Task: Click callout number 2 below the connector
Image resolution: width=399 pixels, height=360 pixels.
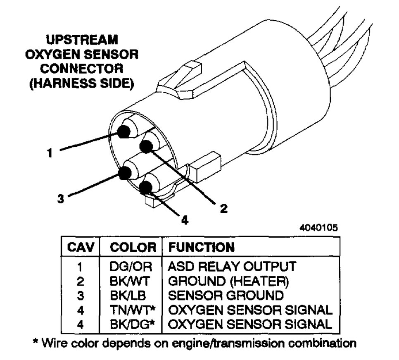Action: (x=223, y=208)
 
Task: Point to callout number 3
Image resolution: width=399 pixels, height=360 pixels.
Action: (x=61, y=198)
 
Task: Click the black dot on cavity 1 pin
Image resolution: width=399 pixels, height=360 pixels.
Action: (x=123, y=132)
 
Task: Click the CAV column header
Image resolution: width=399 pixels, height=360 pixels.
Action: (x=81, y=247)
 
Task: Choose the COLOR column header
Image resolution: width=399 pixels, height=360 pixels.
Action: (x=133, y=247)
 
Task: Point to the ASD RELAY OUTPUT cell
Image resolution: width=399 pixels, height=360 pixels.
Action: (x=232, y=266)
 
